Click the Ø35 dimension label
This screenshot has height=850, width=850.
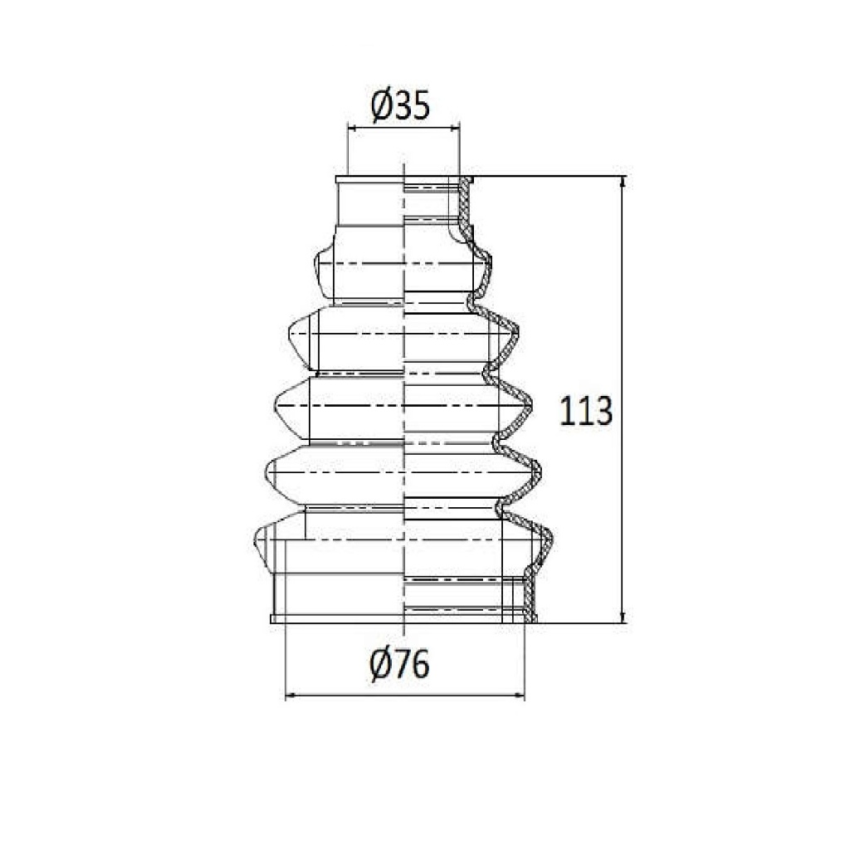(400, 105)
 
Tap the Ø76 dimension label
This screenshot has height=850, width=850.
(399, 664)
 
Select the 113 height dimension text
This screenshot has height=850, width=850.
(585, 410)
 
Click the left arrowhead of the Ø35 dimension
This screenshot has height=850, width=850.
(352, 129)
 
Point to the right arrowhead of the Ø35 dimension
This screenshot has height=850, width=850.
(454, 129)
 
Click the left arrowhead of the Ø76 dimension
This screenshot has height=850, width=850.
(291, 695)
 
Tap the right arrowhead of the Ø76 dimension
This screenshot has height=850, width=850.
(519, 695)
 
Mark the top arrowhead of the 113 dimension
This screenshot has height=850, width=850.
(623, 182)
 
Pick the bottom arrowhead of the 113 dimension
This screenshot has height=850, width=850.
(623, 617)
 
